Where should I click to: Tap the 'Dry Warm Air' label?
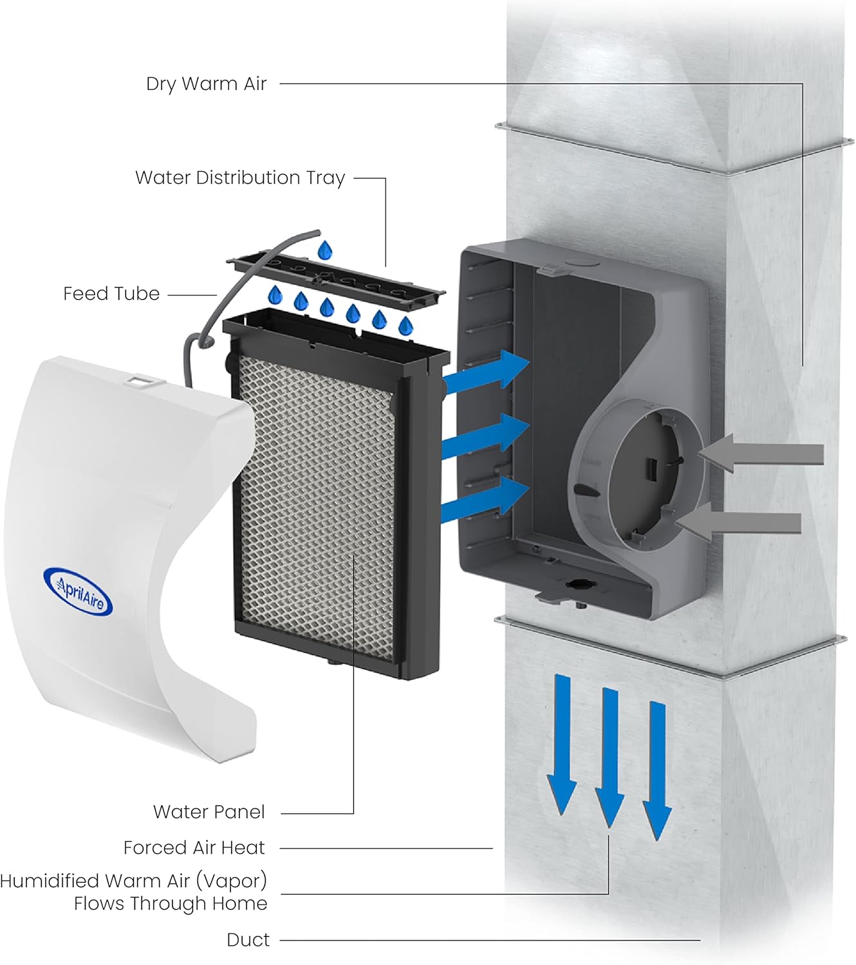click(x=206, y=84)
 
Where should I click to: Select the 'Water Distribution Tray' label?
click(x=240, y=178)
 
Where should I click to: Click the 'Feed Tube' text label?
click(x=111, y=294)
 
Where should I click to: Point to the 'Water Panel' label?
click(x=209, y=812)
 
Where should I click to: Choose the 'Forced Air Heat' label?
click(x=194, y=848)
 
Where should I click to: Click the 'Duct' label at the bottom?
click(x=248, y=940)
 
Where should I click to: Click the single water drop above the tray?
click(x=325, y=249)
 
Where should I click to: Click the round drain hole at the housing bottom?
click(x=575, y=585)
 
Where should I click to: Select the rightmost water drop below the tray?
click(x=405, y=326)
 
